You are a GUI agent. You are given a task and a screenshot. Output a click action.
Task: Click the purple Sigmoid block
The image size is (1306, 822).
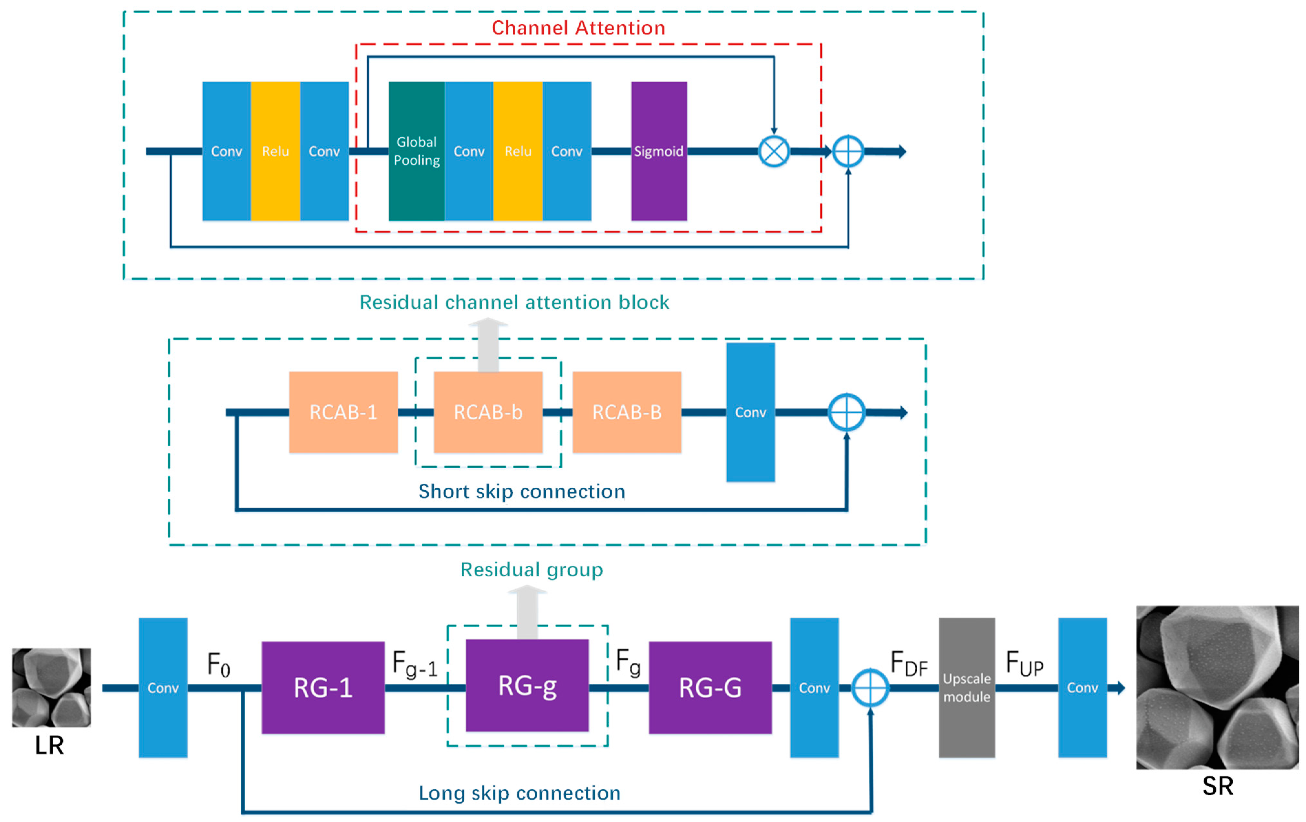pos(658,151)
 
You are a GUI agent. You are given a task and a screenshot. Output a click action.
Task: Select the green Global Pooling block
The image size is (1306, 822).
pos(416,151)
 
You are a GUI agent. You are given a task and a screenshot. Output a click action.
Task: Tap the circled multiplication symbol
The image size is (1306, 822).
pos(774,151)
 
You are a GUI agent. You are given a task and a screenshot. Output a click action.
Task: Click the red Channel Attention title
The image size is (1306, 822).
pos(578,28)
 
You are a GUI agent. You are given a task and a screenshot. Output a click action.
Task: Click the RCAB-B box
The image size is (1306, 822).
pos(627,412)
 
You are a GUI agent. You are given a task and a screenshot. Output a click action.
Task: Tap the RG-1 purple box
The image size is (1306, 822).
pos(323,688)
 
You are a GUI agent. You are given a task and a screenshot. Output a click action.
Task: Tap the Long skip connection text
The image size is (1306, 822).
pos(520,793)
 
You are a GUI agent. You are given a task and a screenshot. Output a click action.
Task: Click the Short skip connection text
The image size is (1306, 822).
pos(522,491)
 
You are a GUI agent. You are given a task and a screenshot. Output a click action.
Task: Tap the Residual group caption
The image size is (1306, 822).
pos(532,569)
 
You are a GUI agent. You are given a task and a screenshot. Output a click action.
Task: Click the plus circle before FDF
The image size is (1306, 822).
pos(870,688)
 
